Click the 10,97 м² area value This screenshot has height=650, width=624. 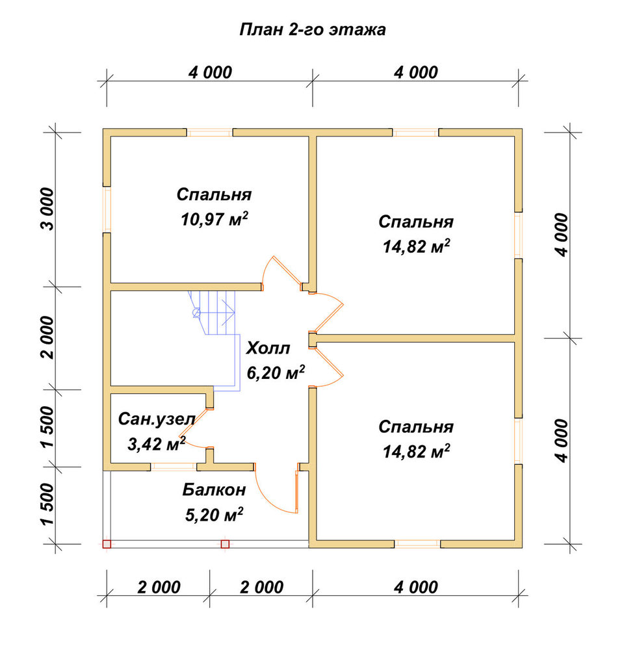tap(214, 219)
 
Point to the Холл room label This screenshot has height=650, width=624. tap(268, 348)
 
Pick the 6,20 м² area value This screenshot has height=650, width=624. tap(276, 372)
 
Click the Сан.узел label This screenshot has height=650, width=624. tap(156, 419)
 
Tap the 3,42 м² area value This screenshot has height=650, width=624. tap(156, 443)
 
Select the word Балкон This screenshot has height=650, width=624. tap(214, 489)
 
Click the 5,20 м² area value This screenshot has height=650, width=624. tap(214, 514)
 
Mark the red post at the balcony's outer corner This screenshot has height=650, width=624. tap(107, 544)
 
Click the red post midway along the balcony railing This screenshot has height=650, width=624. tap(225, 544)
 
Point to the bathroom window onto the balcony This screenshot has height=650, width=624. tap(174, 467)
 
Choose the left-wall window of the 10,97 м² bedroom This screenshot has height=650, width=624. tap(107, 209)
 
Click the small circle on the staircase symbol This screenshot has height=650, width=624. tap(196, 313)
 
